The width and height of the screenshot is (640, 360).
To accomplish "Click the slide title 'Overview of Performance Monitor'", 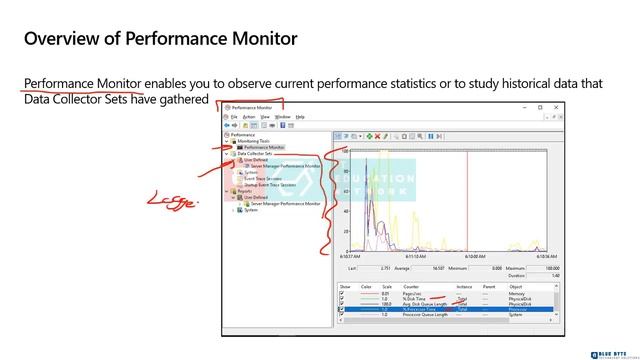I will (x=160, y=40).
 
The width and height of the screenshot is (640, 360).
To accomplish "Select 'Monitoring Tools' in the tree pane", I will (x=251, y=141).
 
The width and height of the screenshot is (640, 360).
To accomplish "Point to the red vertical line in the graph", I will (x=468, y=200).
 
